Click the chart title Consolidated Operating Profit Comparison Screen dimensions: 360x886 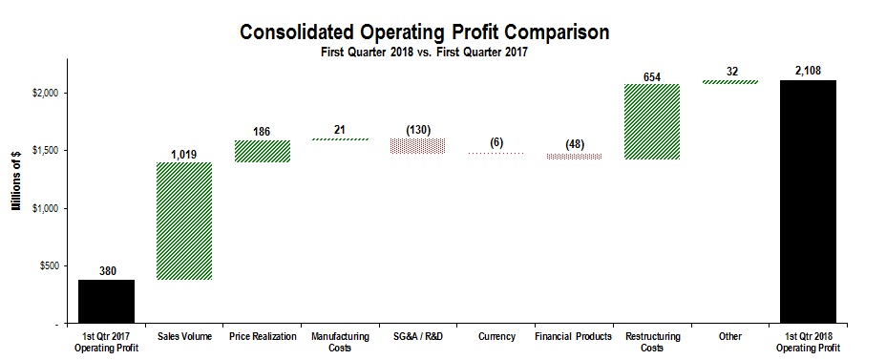coord(424,32)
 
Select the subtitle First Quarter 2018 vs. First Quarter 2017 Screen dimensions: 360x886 coord(424,53)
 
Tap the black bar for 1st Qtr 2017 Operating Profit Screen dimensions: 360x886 coord(106,301)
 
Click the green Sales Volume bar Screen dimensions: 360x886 coord(183,221)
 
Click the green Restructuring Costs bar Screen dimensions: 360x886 coord(652,121)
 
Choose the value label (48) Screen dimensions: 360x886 coord(574,143)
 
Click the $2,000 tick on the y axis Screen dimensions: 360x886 coord(44,94)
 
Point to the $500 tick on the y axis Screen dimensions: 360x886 coord(48,266)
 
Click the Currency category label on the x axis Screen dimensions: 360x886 coord(496,336)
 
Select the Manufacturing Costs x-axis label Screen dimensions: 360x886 coord(339,342)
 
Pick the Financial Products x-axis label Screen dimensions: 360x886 coord(574,336)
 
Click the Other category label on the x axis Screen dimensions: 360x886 coord(730,336)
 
